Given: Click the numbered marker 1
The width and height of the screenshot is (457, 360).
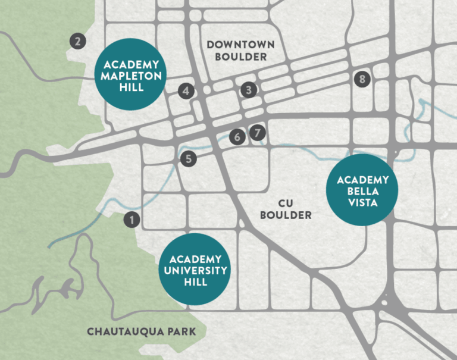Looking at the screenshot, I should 132,219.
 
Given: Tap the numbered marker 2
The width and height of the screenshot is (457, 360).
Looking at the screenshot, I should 77,41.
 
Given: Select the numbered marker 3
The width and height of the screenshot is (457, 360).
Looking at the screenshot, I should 249,90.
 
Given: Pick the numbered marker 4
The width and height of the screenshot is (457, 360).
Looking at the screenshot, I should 186,90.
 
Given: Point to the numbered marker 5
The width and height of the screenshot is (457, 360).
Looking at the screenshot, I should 188,159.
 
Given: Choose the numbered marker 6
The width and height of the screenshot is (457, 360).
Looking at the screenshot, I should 237,137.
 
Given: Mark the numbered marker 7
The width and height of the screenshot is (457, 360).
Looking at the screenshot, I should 257,133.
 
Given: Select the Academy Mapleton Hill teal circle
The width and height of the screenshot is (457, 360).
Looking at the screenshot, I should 131,74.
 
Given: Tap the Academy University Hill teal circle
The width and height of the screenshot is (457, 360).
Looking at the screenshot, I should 196,270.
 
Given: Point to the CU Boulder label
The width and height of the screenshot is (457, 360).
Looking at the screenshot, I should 285,209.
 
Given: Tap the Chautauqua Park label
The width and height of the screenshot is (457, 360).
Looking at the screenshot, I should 141,331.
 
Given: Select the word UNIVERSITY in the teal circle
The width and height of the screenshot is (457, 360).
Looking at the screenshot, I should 196,270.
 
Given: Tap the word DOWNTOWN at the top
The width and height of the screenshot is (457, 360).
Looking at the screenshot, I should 240,45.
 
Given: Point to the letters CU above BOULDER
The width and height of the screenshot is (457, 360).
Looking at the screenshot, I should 286,203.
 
